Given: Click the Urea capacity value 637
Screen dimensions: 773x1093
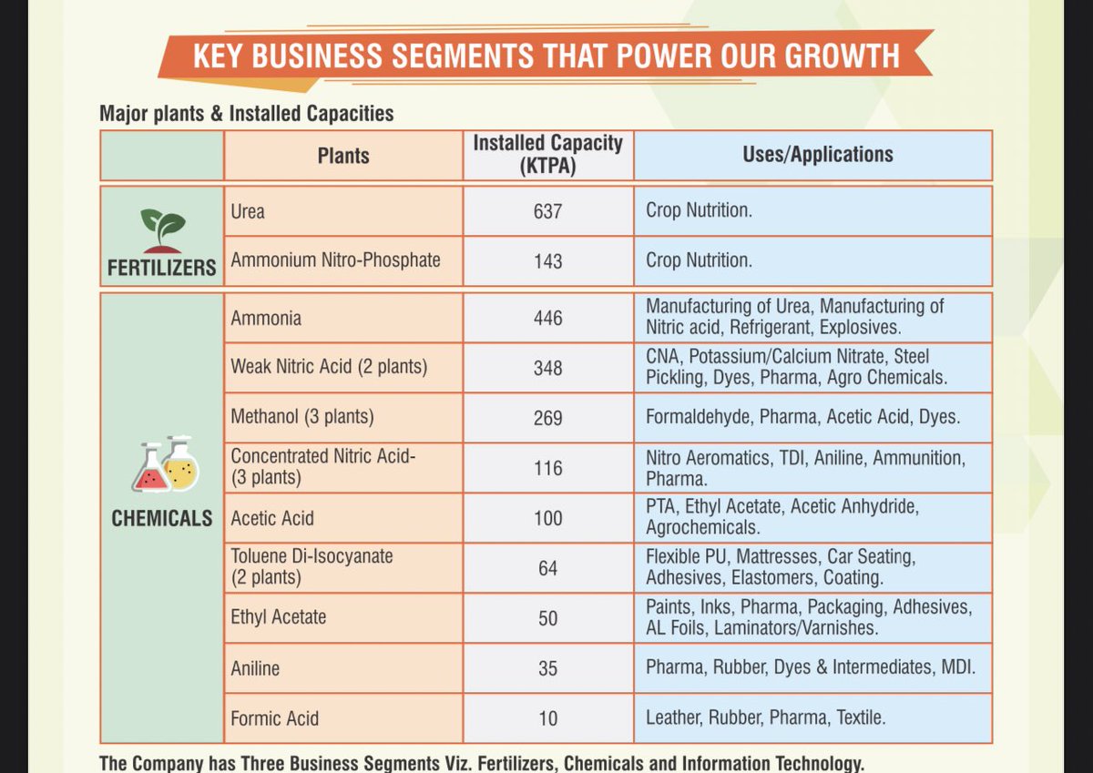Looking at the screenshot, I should click(547, 211).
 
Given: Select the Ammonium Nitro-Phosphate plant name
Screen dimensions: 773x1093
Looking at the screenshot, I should click(335, 260).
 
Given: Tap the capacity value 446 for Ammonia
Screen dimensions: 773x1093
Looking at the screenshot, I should click(547, 319).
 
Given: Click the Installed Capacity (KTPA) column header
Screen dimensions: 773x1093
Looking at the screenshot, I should click(547, 155).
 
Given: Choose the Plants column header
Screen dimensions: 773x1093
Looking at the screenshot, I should click(343, 156).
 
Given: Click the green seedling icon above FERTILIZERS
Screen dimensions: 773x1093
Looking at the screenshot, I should click(162, 227).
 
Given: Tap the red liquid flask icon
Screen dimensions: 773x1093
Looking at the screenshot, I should click(151, 471).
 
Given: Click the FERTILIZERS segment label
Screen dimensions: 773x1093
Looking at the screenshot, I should click(162, 268).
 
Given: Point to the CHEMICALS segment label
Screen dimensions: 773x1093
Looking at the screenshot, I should click(162, 519).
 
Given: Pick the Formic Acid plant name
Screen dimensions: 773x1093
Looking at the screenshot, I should click(274, 718).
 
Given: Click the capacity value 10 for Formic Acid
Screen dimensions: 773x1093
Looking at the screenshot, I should click(547, 718).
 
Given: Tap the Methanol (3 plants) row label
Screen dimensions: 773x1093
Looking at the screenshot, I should click(302, 418).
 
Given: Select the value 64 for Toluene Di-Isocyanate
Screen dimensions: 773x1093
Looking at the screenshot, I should click(547, 568).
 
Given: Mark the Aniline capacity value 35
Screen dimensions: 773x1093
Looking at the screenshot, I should click(547, 668).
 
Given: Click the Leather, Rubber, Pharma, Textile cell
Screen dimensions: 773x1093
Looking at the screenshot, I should click(764, 718).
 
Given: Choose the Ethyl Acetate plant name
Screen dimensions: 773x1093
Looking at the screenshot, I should click(278, 617).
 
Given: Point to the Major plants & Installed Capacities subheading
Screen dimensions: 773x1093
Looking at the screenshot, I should click(246, 114).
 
